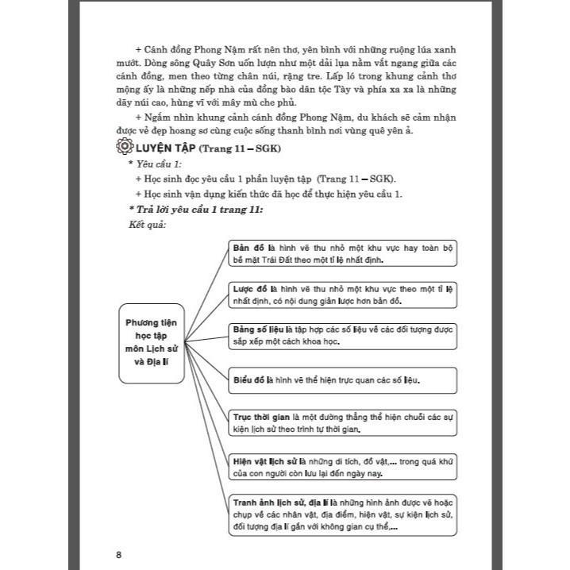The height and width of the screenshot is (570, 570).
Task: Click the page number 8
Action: [118, 553]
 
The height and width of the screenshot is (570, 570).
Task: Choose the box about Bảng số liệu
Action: [344, 334]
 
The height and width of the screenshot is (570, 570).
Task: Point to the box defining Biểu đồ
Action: [344, 379]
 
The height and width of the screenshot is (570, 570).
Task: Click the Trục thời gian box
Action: [344, 422]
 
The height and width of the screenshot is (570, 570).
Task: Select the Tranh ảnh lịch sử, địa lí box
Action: [344, 515]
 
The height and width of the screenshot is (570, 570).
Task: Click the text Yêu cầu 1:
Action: [159, 164]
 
